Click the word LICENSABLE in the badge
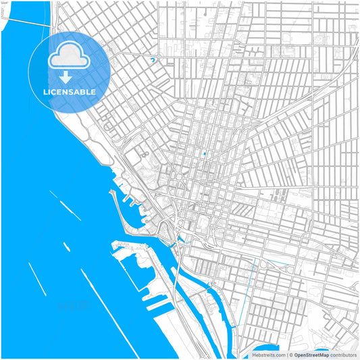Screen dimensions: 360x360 pyautogui.click(x=70, y=92)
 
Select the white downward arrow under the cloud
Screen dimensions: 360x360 pyautogui.click(x=70, y=77)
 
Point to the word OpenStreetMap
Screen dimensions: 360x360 pyautogui.click(x=311, y=355)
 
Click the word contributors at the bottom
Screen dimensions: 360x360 pyautogui.click(x=344, y=355)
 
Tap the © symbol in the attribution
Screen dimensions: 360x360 pyautogui.click(x=290, y=355)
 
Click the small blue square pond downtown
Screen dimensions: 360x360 pyautogui.click(x=203, y=154)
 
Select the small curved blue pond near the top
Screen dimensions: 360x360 pyautogui.click(x=153, y=60)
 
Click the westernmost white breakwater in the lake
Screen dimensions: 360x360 pyautogui.click(x=37, y=279)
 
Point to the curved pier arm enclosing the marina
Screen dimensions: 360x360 pyautogui.click(x=120, y=210)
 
